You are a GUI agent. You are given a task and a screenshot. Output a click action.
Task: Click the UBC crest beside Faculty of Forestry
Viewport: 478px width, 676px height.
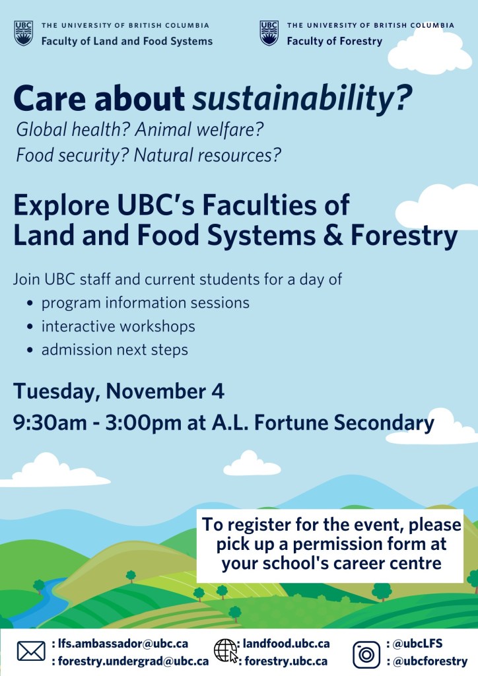coord(269,33)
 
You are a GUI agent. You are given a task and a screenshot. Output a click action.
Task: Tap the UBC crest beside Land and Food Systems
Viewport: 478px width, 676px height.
coord(23,33)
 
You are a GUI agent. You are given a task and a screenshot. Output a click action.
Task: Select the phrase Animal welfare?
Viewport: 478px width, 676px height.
coord(199,129)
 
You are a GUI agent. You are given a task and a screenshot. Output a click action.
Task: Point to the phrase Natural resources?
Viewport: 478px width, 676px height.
coord(207,155)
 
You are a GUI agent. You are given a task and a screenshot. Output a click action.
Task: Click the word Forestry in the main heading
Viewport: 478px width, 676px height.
coord(404,236)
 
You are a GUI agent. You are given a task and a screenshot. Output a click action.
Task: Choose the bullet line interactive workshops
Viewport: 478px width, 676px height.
coord(118,326)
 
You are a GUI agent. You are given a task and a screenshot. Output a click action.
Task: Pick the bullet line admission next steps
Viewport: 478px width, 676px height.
coord(115,350)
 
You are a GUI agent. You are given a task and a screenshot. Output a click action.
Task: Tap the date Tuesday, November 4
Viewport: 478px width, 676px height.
coord(119,391)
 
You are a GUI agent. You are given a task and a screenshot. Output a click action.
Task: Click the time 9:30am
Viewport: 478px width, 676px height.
coord(50,422)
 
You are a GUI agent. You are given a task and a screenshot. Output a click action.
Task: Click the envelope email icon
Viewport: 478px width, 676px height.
coord(31,651)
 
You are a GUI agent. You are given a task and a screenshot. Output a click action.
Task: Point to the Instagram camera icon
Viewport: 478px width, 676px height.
coord(366,654)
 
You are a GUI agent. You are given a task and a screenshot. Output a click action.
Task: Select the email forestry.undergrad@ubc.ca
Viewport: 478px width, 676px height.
coord(133,661)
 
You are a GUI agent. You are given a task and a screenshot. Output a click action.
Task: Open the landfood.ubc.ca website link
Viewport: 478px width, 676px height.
coord(286,644)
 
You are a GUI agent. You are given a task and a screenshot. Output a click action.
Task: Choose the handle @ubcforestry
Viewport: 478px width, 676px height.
coord(430,661)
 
